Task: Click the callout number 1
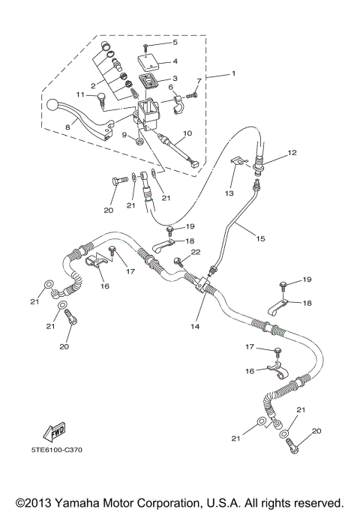click(x=233, y=73)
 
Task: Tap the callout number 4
click(x=174, y=61)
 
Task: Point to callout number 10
click(x=187, y=133)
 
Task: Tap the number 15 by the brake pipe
click(x=261, y=239)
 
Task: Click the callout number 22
click(x=196, y=253)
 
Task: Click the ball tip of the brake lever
click(x=52, y=104)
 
